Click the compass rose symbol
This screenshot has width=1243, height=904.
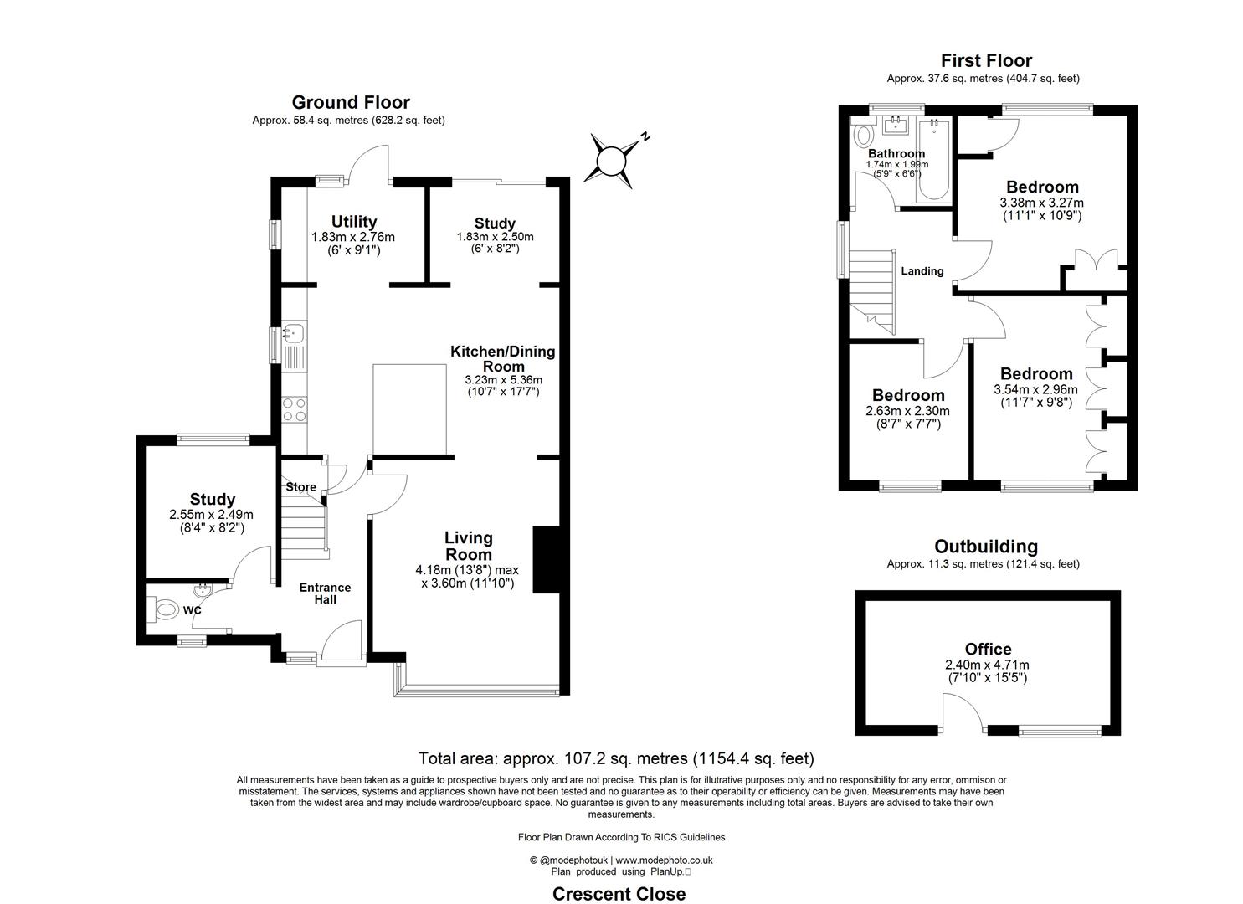(x=612, y=158)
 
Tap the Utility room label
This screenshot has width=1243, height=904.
(x=353, y=222)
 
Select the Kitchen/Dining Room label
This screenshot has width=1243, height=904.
(x=502, y=358)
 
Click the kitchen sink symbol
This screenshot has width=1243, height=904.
(x=293, y=334)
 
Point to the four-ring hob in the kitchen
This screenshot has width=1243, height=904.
(x=294, y=409)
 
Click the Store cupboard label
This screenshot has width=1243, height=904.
(x=300, y=487)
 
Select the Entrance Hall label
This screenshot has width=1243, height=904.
(x=325, y=593)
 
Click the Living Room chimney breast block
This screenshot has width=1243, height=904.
(x=546, y=560)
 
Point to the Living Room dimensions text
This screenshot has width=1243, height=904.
(x=465, y=577)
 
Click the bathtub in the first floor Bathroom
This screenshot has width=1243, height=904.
(x=932, y=160)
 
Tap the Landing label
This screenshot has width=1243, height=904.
(x=922, y=271)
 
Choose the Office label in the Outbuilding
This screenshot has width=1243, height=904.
(x=988, y=649)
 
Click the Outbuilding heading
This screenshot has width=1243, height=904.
(x=985, y=547)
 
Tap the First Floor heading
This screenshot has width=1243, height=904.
(x=985, y=60)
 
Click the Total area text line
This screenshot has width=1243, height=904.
(x=616, y=759)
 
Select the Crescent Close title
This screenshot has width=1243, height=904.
(x=619, y=894)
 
